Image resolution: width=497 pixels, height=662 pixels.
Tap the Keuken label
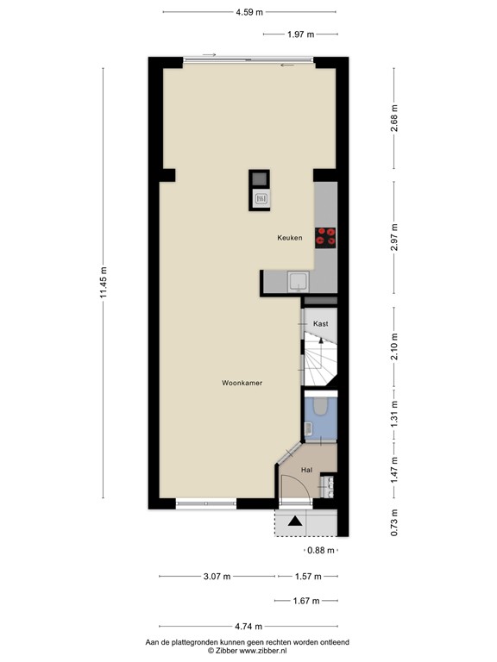[289, 238]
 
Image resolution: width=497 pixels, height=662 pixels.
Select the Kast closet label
[321, 323]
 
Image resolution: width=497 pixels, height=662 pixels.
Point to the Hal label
[306, 470]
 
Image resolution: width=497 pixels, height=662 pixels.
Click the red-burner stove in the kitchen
[326, 236]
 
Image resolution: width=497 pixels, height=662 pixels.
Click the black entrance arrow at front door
[295, 521]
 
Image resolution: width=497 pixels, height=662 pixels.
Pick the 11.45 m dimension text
[103, 281]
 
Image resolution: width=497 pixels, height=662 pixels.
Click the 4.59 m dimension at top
[249, 13]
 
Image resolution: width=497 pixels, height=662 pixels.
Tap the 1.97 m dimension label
[300, 34]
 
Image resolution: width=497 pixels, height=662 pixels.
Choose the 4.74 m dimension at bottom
[248, 627]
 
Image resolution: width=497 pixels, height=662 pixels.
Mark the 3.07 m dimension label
[217, 577]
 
